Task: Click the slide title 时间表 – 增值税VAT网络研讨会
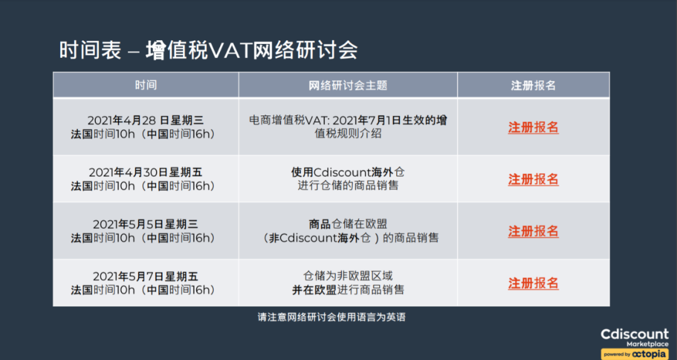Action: coord(208,50)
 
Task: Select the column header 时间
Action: coord(145,85)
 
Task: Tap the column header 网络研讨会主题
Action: coord(348,85)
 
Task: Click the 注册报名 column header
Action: coord(533,85)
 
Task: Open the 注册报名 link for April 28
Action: coord(533,127)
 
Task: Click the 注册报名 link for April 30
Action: coord(533,179)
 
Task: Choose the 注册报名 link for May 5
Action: coord(533,231)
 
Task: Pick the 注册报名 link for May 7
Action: coord(533,283)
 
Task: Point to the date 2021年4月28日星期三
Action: coord(145,120)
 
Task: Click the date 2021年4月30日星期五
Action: coord(145,172)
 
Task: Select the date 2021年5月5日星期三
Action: coord(145,225)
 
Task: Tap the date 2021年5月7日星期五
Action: coord(145,277)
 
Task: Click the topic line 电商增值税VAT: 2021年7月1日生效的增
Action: coord(348,120)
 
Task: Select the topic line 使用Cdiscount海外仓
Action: coord(348,172)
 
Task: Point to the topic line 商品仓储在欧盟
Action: coord(348,225)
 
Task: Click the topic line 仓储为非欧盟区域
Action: coord(348,277)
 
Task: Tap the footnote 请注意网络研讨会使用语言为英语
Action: coord(332,317)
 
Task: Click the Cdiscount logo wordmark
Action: coord(634,334)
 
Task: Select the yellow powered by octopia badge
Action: coord(634,354)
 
